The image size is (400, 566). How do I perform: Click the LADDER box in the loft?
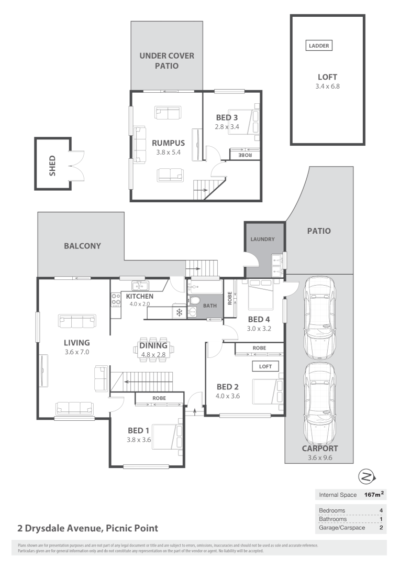tap(319, 46)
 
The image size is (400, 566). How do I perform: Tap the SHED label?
tap(52, 164)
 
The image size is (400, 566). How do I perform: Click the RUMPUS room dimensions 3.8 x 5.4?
tap(168, 152)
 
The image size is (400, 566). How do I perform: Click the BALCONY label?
tap(82, 245)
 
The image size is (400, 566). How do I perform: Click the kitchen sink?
tap(141, 286)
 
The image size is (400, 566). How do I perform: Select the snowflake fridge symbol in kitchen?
tap(179, 313)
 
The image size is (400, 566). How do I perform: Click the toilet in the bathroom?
tap(194, 300)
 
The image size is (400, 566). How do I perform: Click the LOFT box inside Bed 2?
tap(265, 366)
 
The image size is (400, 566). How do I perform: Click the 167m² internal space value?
tap(374, 494)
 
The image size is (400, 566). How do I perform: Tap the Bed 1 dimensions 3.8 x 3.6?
tap(139, 440)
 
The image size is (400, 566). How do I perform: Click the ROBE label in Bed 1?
tap(159, 398)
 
